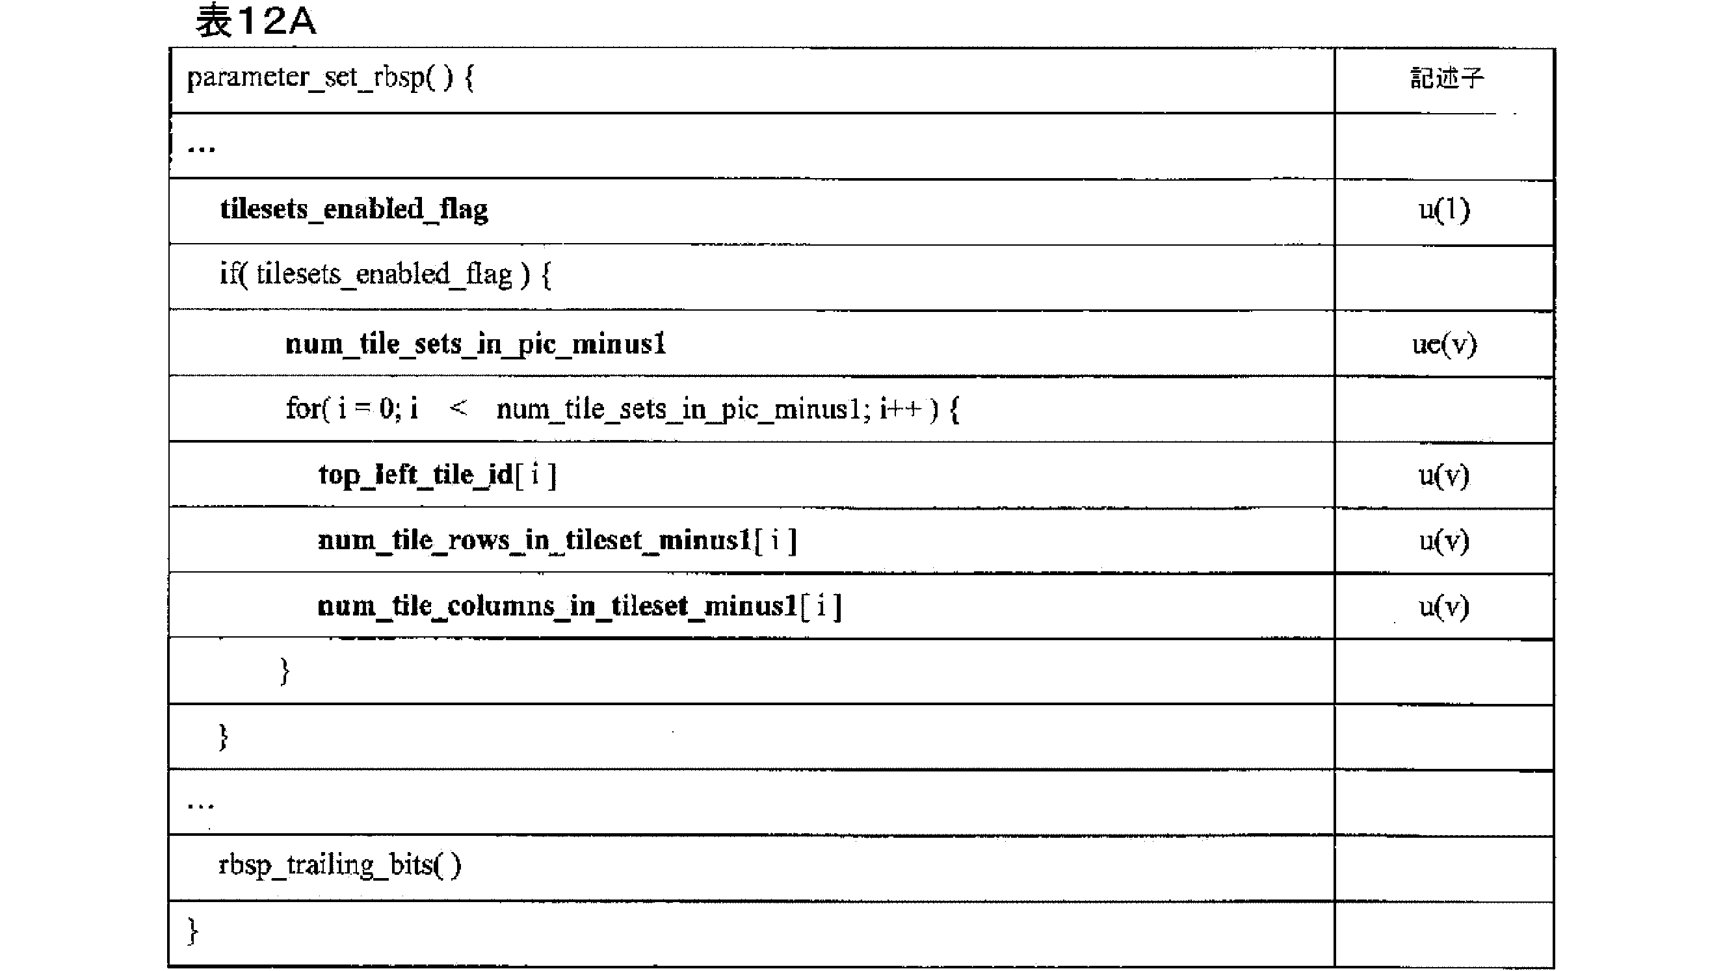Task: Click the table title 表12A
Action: pos(256,20)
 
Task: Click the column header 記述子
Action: pos(1447,78)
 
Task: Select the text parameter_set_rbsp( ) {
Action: pos(330,78)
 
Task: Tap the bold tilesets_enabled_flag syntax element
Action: pos(354,210)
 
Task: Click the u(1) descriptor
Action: pos(1445,210)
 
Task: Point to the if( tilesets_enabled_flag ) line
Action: pos(386,275)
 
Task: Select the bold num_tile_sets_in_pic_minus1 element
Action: pos(475,344)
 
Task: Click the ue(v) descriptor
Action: pos(1445,344)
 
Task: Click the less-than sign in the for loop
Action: pos(458,408)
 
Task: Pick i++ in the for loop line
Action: pos(902,408)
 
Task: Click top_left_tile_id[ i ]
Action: pos(438,475)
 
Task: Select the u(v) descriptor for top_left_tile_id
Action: pos(1444,476)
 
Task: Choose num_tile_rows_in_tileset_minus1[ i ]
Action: pos(557,540)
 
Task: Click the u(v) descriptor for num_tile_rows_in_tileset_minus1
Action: pos(1444,540)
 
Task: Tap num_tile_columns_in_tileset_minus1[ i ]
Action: pos(579,606)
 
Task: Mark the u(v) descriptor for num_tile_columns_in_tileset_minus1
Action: pos(1444,606)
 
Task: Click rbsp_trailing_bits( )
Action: pos(340,865)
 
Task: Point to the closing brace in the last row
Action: pos(192,930)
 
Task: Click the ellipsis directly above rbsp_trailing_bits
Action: pos(201,805)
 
